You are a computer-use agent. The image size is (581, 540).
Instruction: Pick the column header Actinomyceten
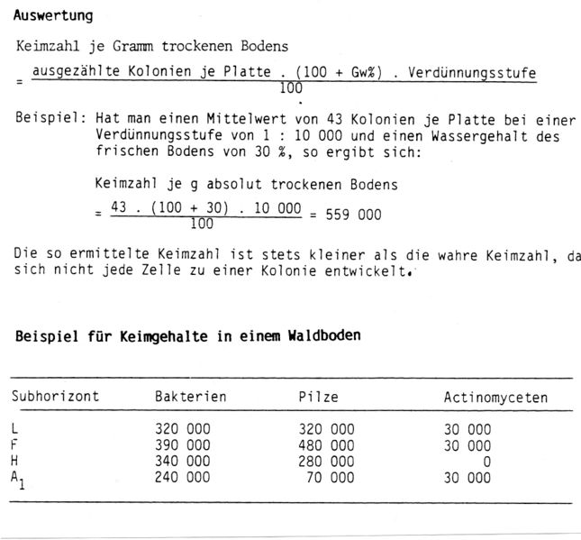coord(495,398)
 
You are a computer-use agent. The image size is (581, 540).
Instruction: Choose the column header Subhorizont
coord(55,398)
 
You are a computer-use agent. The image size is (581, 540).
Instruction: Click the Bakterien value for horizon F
coord(183,445)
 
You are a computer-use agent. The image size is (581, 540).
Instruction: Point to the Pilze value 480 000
coord(326,445)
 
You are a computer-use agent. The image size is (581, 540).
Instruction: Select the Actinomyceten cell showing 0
coord(486,461)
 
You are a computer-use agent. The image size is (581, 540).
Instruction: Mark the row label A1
coord(18,477)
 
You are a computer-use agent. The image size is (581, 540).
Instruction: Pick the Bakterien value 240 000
coord(183,475)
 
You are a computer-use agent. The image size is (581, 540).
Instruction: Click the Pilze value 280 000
coord(326,461)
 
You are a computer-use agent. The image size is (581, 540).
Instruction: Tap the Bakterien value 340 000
coord(183,461)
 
